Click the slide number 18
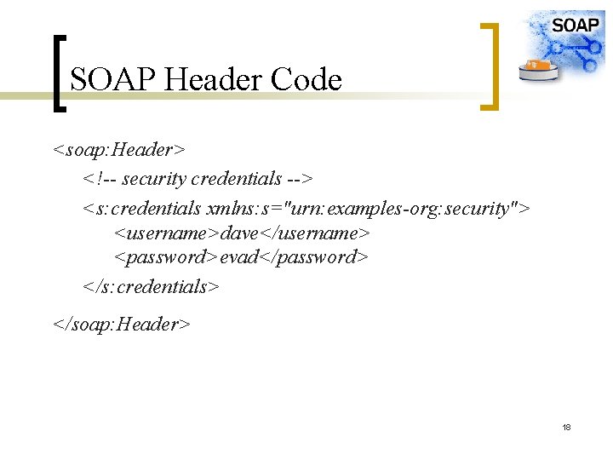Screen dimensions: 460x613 [566, 426]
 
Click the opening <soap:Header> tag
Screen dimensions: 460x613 [118, 150]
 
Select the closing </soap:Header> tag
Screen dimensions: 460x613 [122, 324]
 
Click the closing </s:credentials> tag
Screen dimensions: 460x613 [152, 286]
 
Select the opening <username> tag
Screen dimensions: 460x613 [166, 232]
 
